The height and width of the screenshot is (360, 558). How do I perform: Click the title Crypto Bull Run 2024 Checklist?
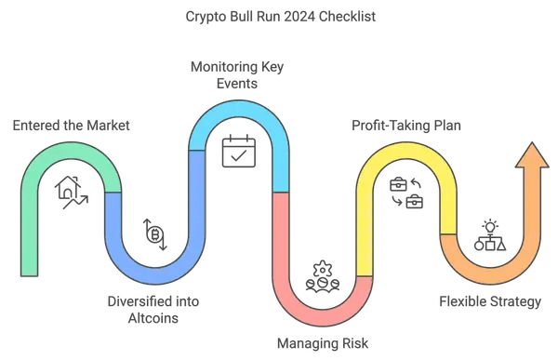click(279, 17)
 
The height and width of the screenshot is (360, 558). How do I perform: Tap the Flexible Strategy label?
click(490, 301)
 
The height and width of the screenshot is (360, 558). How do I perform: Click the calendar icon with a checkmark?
click(236, 151)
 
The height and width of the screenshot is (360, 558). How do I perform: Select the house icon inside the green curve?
click(72, 192)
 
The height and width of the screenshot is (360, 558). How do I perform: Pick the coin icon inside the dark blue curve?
click(154, 233)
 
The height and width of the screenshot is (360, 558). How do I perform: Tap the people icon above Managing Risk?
click(320, 274)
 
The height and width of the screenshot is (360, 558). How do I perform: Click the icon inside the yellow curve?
click(405, 192)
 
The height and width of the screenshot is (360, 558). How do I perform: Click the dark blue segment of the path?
click(153, 269)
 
